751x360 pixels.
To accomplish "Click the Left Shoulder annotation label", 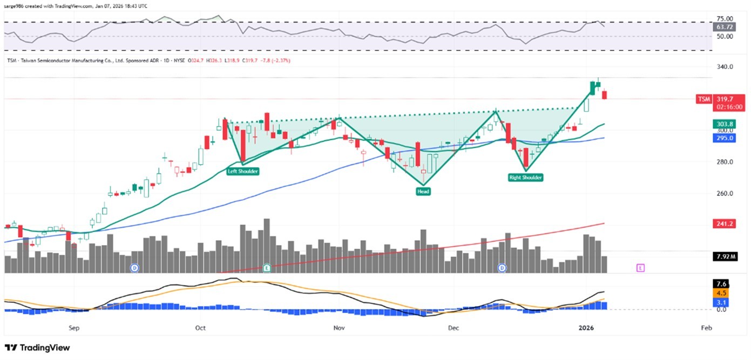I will point(242,171).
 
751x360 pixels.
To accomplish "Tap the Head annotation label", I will point(423,191).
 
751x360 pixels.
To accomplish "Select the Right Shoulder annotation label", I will point(525,177).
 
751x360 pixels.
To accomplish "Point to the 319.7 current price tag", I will point(723,99).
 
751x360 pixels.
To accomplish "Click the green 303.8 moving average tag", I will point(724,124).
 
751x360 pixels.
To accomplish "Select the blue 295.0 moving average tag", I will point(724,138).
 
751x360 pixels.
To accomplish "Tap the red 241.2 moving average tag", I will point(724,223).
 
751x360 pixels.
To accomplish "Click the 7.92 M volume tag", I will point(724,256).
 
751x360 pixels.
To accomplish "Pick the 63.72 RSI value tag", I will point(723,26).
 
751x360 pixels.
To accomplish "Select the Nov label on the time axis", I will point(339,328).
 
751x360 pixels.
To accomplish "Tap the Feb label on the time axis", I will point(706,328).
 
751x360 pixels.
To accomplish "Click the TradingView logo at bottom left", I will point(37,348).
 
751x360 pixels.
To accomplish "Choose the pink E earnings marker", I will point(640,267).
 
